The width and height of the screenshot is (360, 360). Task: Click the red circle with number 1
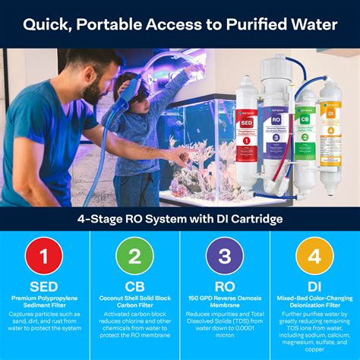45,257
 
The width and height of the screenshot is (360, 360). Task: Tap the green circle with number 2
134,257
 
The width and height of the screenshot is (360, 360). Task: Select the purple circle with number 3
225,257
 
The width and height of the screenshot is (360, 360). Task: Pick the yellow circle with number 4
314,257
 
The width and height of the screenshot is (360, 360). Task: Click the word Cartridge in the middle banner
252,220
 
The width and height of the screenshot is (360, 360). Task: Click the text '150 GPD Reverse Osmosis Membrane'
225,305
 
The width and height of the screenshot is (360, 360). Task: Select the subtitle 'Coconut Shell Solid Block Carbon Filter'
134,305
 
